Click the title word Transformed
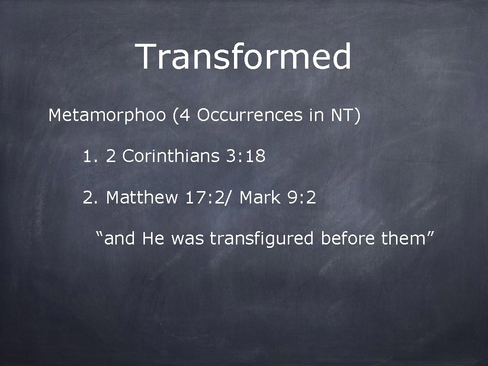(x=244, y=56)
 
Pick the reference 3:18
(x=246, y=156)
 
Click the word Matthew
(x=142, y=197)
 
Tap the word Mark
(x=260, y=197)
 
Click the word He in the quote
(x=152, y=238)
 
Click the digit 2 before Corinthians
(x=111, y=156)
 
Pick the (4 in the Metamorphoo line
(x=182, y=115)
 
